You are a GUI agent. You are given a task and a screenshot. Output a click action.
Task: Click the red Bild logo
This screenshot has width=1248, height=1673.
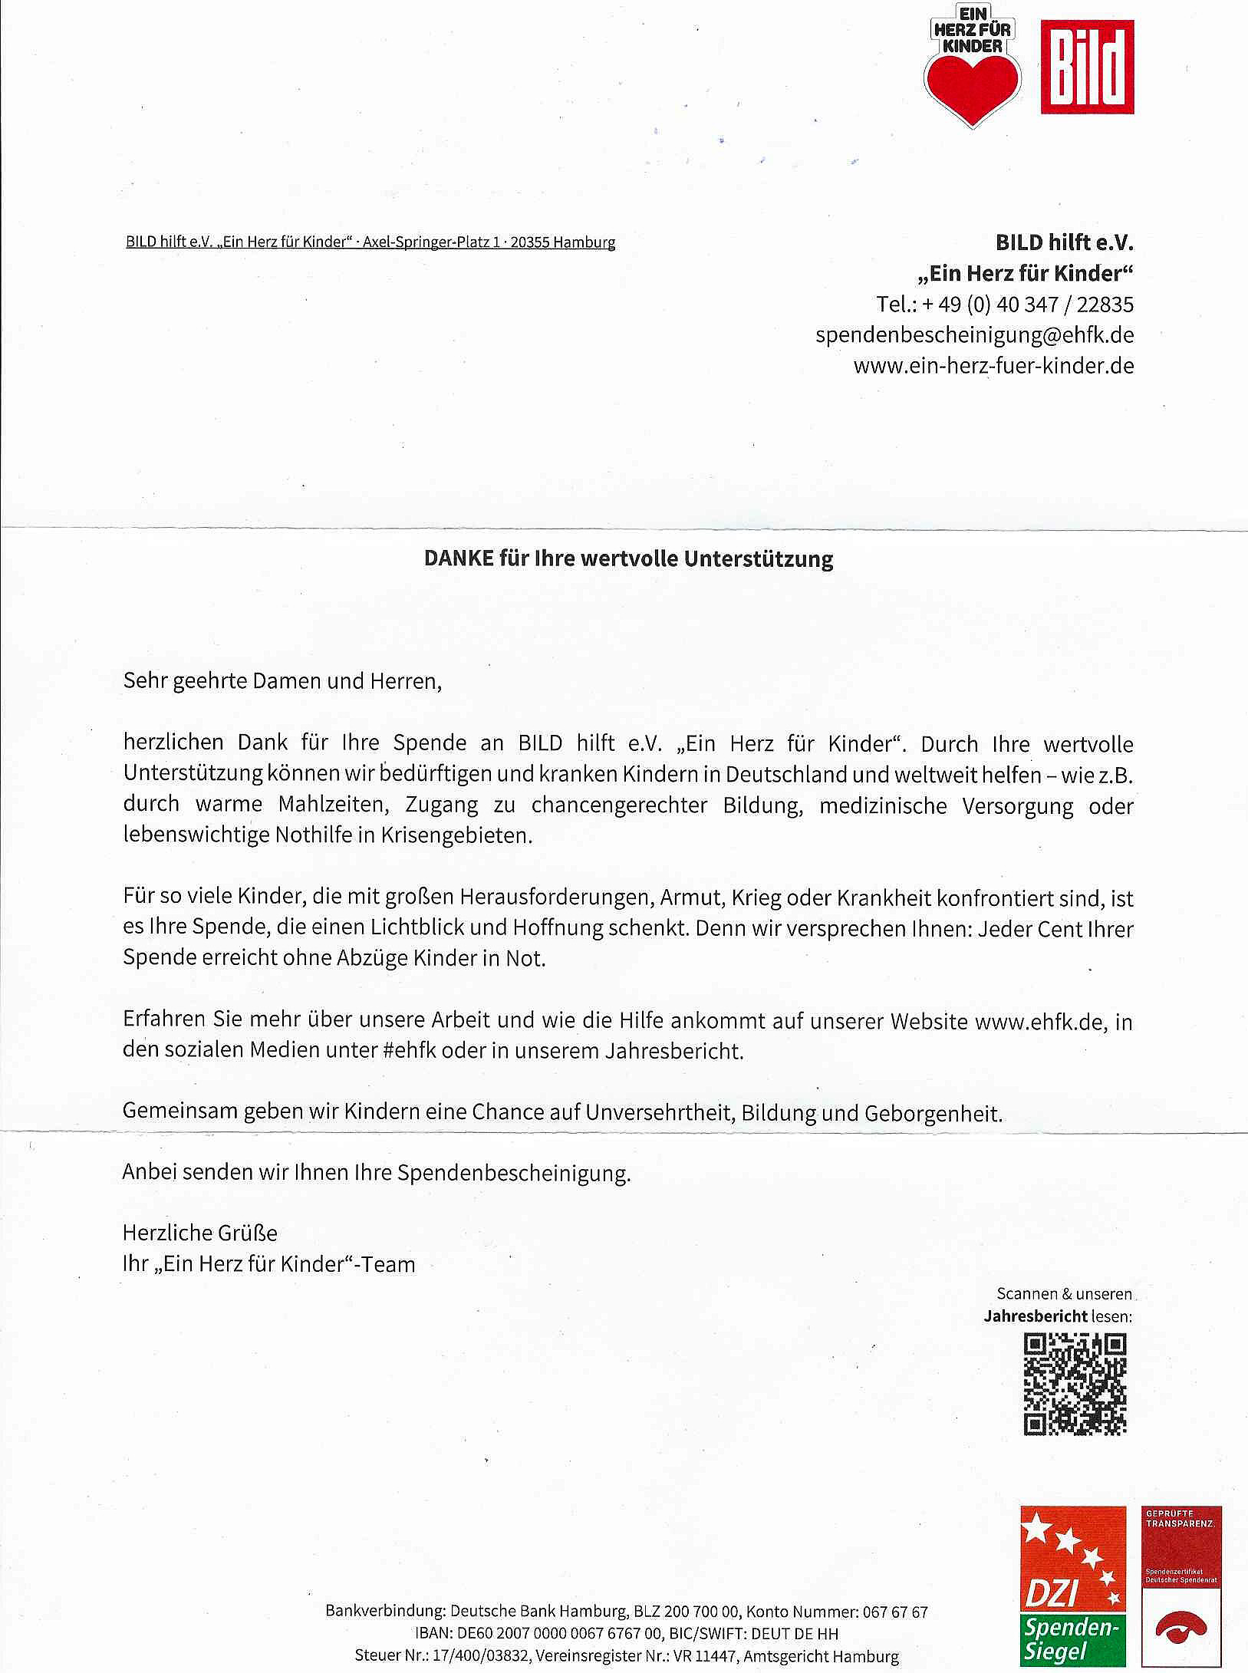point(1087,68)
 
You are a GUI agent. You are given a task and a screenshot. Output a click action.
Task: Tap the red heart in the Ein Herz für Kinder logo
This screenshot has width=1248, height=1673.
point(973,86)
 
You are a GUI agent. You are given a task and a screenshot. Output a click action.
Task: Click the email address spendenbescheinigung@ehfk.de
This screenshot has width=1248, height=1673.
point(974,335)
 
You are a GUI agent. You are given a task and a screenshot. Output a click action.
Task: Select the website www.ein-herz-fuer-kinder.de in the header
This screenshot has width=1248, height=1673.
point(993,365)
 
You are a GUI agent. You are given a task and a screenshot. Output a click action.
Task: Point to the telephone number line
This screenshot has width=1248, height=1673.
point(1005,305)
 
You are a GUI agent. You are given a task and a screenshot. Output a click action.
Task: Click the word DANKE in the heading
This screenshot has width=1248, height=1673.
point(459,558)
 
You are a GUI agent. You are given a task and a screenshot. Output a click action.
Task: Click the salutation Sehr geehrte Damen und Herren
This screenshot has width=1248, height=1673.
point(282,681)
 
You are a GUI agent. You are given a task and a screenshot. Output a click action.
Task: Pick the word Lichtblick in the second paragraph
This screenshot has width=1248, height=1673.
point(417,927)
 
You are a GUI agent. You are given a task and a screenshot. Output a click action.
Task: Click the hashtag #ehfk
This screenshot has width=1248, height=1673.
point(409,1050)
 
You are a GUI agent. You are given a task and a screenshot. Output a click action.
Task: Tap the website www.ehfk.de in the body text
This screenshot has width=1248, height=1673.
point(1038,1022)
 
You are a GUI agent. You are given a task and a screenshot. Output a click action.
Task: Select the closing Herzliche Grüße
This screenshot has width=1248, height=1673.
point(200,1233)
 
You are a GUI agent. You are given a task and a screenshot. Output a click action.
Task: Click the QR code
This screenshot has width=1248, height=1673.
point(1075,1384)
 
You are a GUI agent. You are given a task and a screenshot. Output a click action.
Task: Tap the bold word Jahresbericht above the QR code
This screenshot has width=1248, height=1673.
point(1035,1316)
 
